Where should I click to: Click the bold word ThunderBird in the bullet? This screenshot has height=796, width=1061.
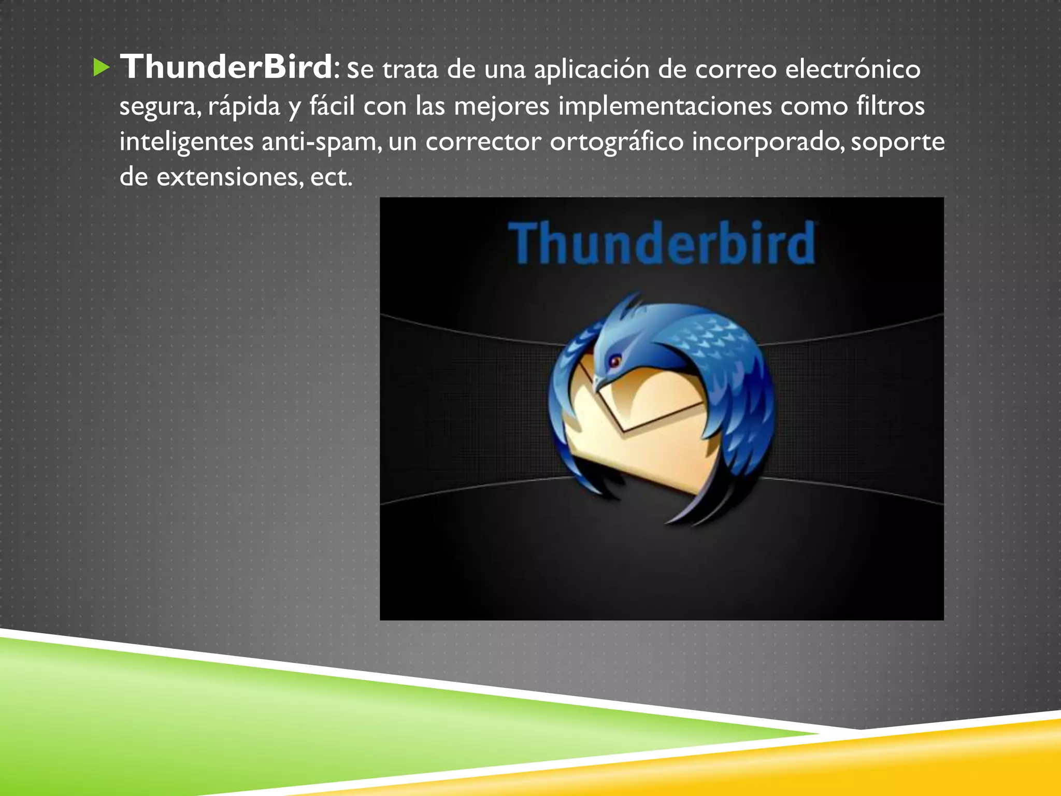tap(226, 67)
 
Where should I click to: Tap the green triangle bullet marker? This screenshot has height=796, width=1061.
tap(102, 68)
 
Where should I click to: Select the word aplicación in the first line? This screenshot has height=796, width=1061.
tap(591, 69)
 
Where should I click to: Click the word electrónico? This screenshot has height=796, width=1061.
tap(853, 69)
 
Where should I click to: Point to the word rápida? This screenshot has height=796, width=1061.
tap(244, 106)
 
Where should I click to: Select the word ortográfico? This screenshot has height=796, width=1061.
tap(616, 142)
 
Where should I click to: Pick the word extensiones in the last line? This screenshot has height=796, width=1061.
tap(227, 177)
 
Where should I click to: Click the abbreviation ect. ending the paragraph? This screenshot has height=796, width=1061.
tap(331, 177)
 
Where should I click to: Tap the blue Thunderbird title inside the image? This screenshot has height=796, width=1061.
tap(662, 243)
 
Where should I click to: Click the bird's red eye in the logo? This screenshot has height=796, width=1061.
tap(614, 360)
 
